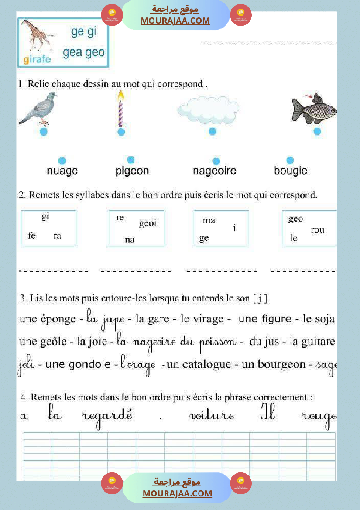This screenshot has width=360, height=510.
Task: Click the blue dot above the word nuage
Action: pyautogui.click(x=62, y=161)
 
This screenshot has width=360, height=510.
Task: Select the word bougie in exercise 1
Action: pyautogui.click(x=291, y=171)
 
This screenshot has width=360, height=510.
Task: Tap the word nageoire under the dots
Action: pyautogui.click(x=214, y=171)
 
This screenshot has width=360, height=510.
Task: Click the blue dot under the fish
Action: pyautogui.click(x=317, y=131)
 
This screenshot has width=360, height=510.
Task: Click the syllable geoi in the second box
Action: pyautogui.click(x=147, y=223)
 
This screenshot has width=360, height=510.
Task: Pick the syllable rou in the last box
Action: pyautogui.click(x=317, y=229)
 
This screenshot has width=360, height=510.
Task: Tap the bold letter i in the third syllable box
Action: pyautogui.click(x=234, y=227)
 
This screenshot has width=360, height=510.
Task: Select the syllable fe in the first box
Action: pyautogui.click(x=31, y=236)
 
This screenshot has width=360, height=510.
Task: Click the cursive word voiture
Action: pyautogui.click(x=211, y=416)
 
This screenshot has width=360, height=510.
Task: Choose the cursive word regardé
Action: pyautogui.click(x=107, y=416)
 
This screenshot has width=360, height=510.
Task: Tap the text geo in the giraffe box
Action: pyautogui.click(x=95, y=52)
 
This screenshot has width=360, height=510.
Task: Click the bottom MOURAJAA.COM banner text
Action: pyautogui.click(x=177, y=493)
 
